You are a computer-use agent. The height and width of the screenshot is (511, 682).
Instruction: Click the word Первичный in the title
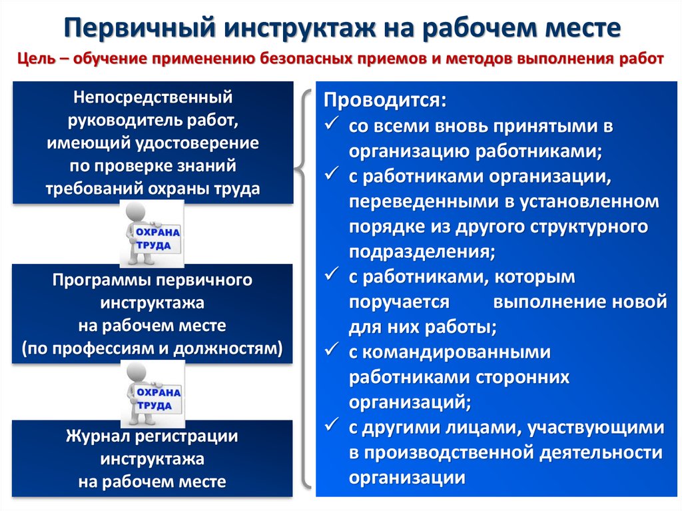140,28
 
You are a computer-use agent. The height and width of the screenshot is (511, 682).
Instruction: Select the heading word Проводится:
385,101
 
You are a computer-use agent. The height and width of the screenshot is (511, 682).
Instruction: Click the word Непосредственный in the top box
153,97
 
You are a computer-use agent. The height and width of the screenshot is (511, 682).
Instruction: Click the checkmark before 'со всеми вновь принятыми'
332,124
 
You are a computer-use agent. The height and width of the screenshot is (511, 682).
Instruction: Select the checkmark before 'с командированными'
332,350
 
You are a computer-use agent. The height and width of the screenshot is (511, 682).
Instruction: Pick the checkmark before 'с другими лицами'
332,425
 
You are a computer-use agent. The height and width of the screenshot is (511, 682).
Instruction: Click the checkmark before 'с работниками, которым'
332,274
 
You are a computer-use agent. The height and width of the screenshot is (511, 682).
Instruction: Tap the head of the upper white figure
136,213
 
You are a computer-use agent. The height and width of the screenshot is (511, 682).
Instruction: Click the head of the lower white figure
137,374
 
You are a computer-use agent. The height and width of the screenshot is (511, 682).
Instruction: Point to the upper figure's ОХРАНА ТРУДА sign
157,239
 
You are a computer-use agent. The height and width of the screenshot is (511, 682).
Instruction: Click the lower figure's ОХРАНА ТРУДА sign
159,398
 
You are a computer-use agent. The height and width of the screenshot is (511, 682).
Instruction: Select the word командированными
456,352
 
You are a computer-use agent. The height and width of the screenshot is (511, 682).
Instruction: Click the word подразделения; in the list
422,252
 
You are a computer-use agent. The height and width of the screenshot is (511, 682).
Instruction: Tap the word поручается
399,302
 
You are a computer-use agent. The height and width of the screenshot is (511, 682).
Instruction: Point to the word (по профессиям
89,348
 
